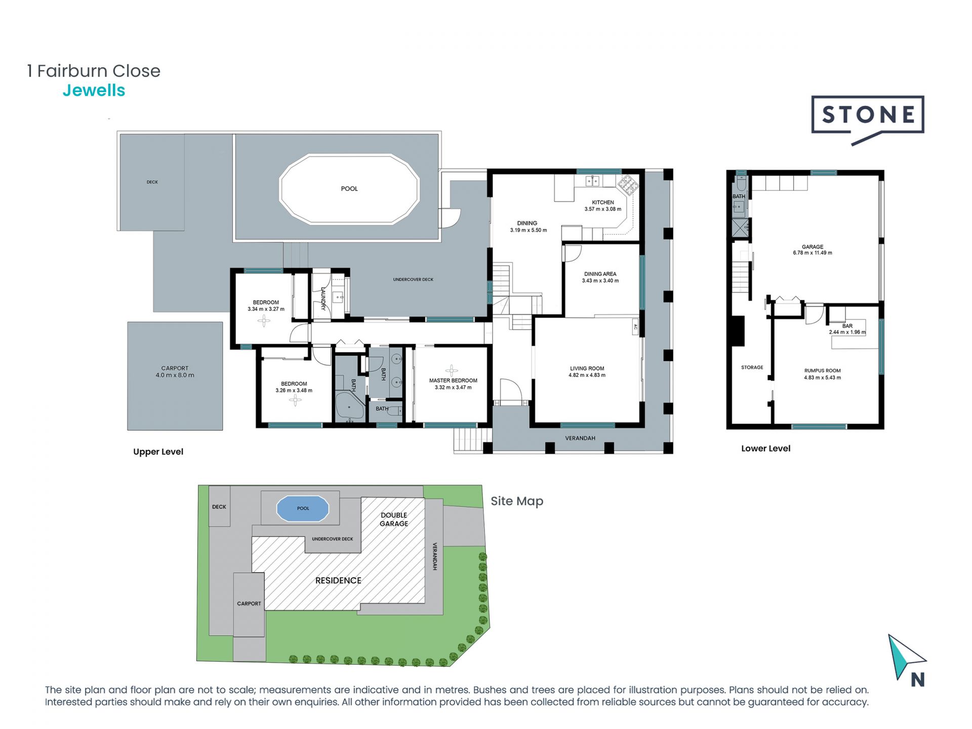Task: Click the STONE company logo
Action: (868, 120)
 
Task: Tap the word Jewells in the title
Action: (94, 90)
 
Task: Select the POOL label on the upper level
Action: (349, 189)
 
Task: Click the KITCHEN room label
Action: (603, 202)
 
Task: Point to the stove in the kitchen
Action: (628, 185)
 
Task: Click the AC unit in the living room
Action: (635, 328)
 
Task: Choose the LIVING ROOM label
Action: (587, 369)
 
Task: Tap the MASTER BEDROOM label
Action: (453, 380)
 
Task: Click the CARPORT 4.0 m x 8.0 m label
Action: (175, 372)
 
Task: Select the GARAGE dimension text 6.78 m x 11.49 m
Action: (813, 253)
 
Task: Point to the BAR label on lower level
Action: (847, 326)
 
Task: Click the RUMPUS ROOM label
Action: (823, 371)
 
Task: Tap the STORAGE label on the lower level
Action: (752, 368)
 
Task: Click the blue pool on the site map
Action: (303, 508)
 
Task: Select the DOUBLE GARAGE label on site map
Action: (394, 519)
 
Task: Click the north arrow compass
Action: (907, 661)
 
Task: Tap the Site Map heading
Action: (517, 501)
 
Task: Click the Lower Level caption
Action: (765, 449)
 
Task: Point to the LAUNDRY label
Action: (323, 298)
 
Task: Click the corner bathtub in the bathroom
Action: (349, 406)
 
